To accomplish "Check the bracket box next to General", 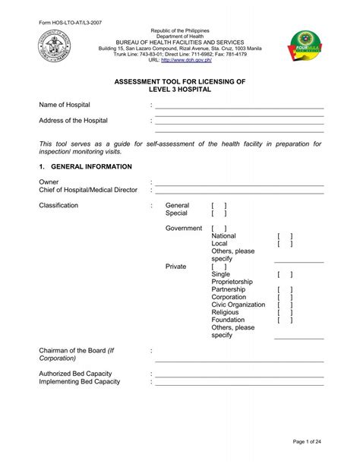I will point(219,206).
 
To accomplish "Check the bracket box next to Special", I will point(219,215).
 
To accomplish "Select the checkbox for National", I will point(285,237).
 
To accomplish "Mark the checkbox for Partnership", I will point(285,289).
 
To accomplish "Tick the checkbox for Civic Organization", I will point(285,305).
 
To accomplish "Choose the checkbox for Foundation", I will point(285,320).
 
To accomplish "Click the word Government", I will point(183,229).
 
